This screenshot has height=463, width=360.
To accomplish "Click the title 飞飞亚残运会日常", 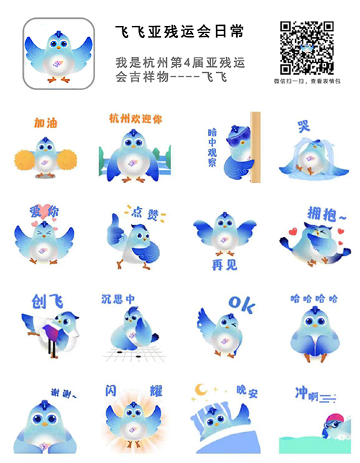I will [x=179, y=32].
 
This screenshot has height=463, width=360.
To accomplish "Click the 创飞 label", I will [x=48, y=301].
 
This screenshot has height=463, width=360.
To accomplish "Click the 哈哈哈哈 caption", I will [x=314, y=297].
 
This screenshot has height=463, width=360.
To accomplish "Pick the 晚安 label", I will [x=248, y=392].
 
